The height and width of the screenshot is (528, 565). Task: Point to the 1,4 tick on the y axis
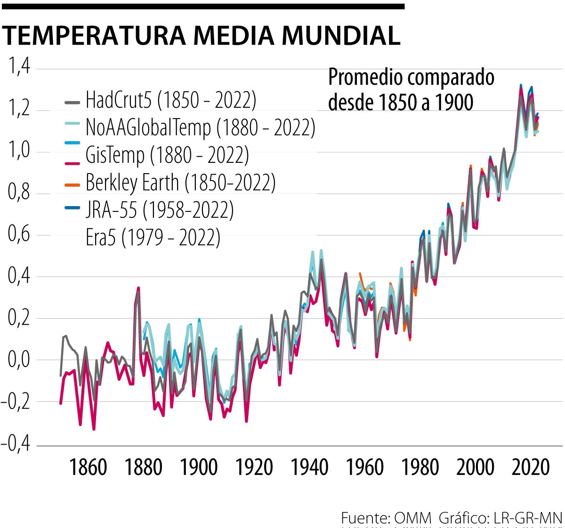(x=19, y=67)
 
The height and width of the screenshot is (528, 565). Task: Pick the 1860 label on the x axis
(x=88, y=467)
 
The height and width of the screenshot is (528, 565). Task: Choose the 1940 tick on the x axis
(x=309, y=467)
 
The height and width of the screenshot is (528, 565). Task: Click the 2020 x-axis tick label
(x=531, y=467)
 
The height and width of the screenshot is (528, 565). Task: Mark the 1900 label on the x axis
(x=199, y=467)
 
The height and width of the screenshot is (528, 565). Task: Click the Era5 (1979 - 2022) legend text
(x=153, y=237)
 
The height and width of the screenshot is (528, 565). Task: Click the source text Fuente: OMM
(x=386, y=519)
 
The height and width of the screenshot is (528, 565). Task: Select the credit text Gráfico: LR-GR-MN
(x=500, y=519)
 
